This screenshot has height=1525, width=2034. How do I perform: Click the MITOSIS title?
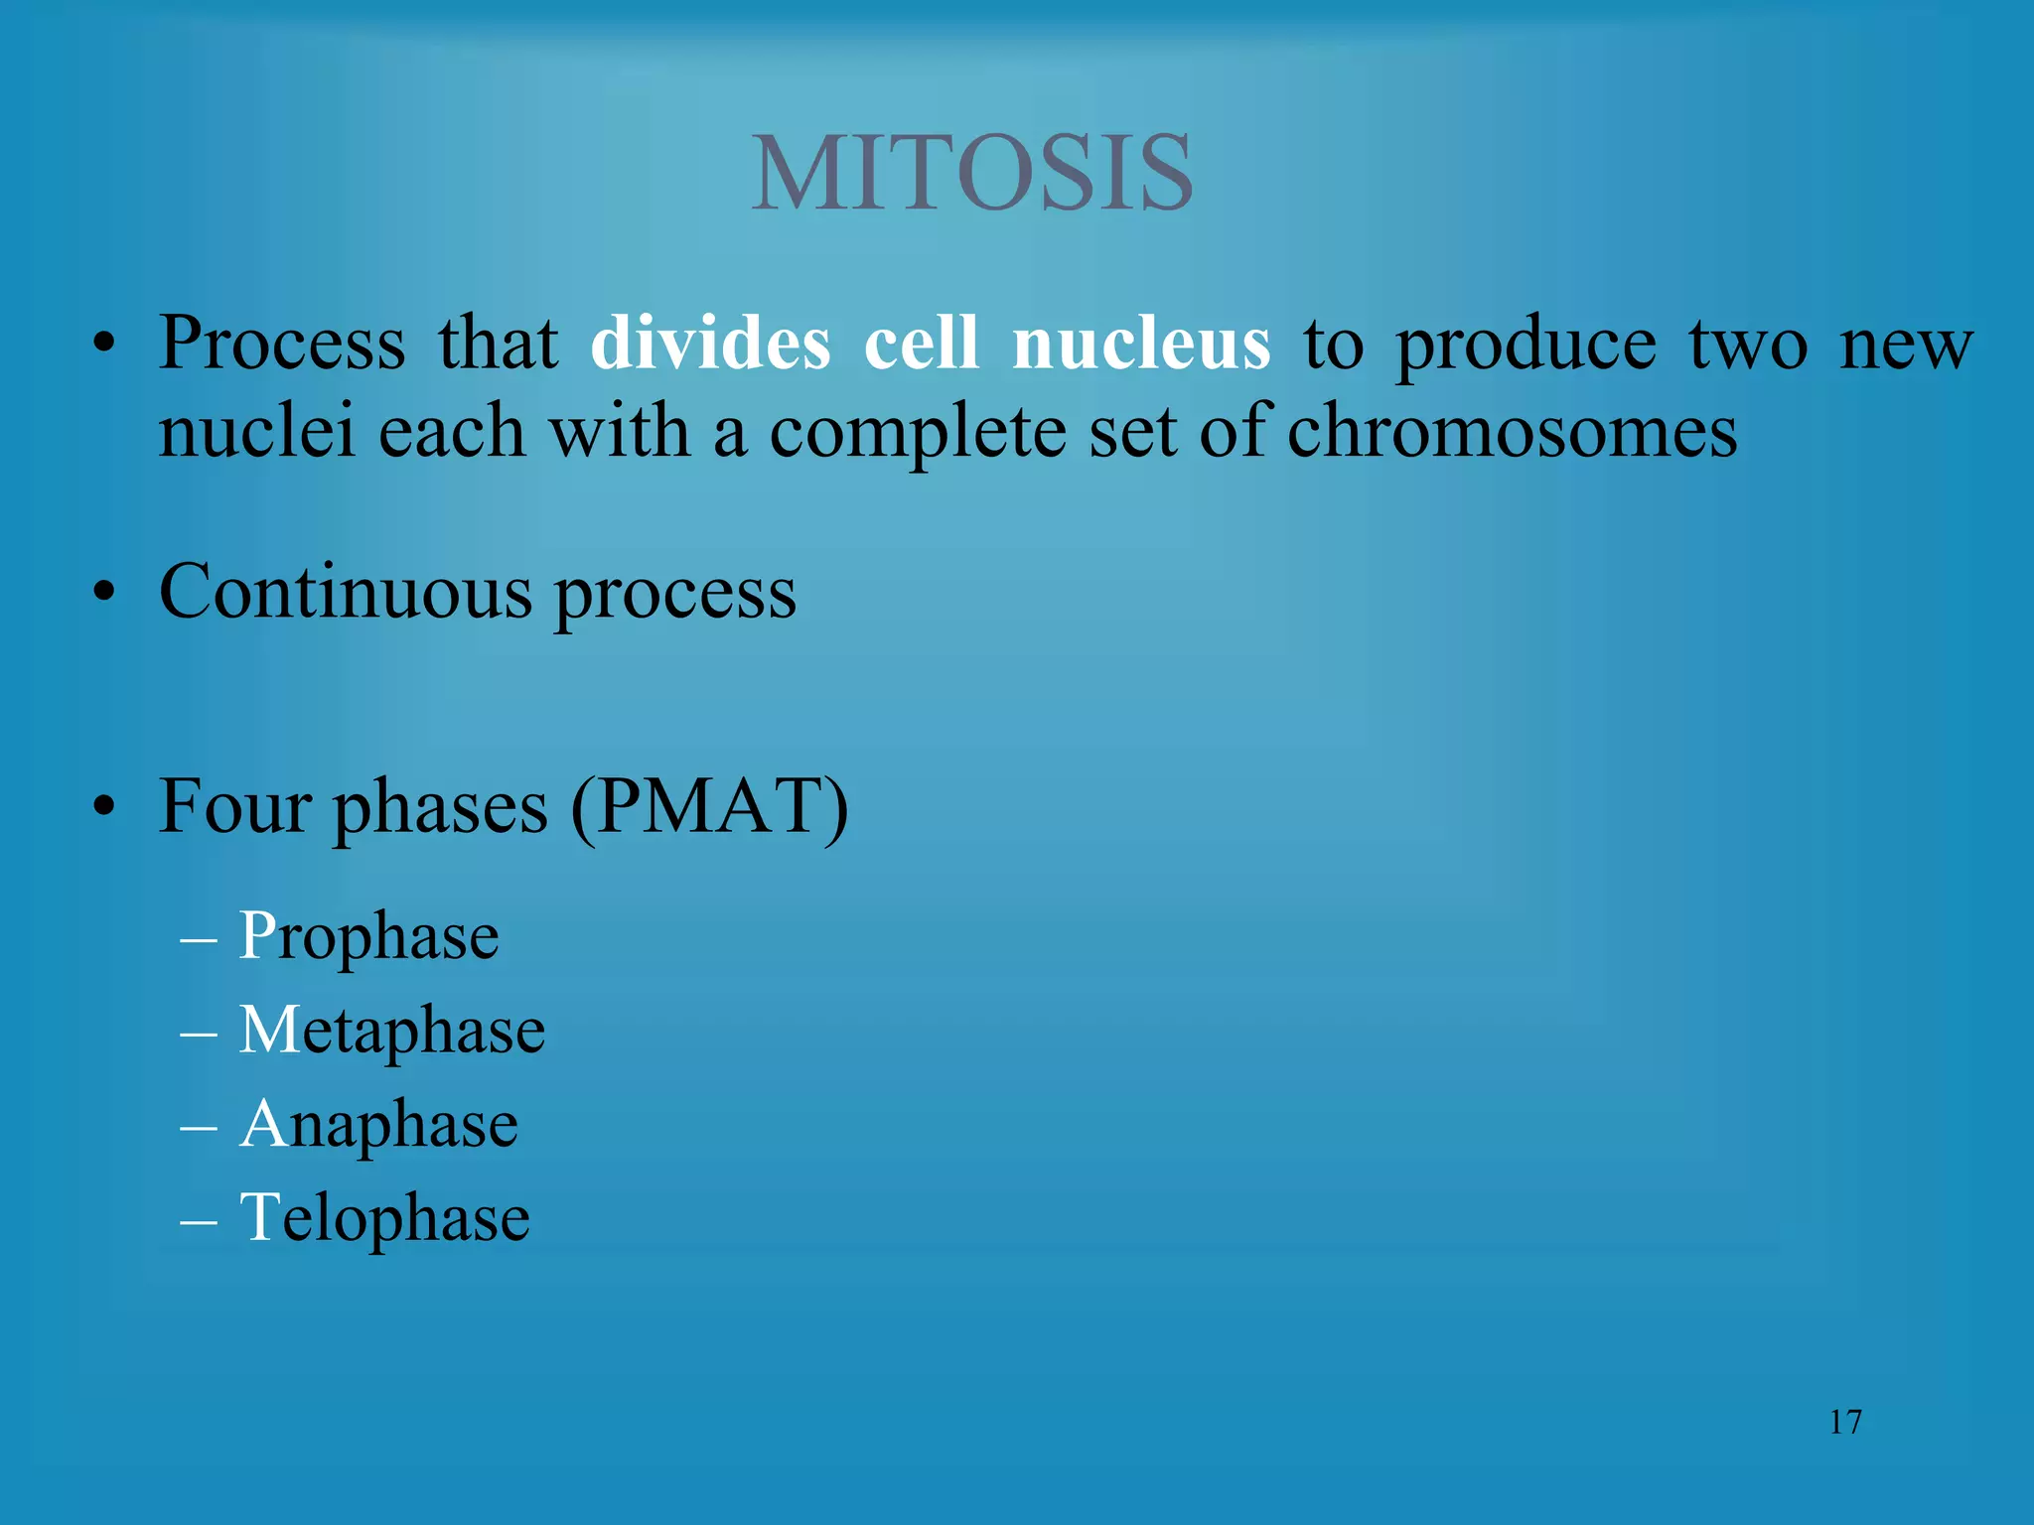pos(971,174)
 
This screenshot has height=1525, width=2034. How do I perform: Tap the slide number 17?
pos(1844,1422)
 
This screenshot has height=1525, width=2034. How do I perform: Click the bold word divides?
pos(710,344)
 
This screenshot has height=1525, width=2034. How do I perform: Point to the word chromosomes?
pos(1512,433)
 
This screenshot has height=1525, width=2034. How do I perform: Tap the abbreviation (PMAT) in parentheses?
pos(710,806)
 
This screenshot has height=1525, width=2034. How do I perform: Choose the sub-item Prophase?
pos(368,936)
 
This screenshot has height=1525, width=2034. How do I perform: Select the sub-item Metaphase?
pos(391,1031)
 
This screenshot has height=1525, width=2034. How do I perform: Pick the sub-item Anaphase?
pos(378,1125)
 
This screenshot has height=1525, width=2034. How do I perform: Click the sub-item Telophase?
pos(384,1218)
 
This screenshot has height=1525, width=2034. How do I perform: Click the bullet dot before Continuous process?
pos(104,594)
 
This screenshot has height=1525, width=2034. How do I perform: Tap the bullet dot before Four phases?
pos(104,807)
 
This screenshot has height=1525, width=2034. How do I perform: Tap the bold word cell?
pos(921,344)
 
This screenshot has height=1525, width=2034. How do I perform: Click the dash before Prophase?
pos(199,938)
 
